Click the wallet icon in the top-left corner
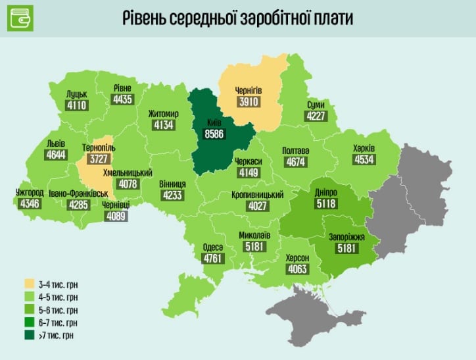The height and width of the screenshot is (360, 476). click(x=20, y=18)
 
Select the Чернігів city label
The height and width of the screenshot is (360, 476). click(x=249, y=90)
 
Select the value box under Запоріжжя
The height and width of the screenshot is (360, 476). click(x=346, y=248)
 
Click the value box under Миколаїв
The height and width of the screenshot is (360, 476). click(x=254, y=245)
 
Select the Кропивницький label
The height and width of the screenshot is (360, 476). click(x=257, y=195)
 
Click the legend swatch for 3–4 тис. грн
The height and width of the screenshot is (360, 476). click(x=30, y=284)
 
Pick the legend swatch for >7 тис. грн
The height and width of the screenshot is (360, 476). click(x=30, y=335)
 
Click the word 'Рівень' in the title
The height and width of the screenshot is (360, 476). click(x=146, y=18)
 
